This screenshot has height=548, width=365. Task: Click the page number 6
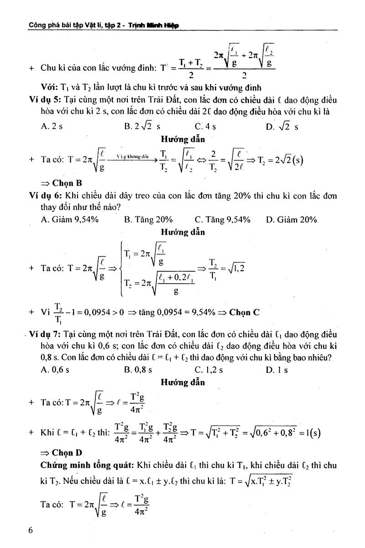(31, 530)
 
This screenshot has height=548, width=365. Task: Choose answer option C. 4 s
(205, 126)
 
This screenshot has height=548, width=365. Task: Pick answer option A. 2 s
(52, 126)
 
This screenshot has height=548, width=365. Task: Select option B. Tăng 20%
(148, 220)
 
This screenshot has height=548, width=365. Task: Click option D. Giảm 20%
(291, 220)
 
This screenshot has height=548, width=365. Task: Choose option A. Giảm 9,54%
(70, 220)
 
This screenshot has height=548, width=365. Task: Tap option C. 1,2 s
(209, 370)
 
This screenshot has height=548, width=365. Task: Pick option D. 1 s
(277, 370)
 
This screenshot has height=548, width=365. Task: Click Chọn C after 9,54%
(244, 312)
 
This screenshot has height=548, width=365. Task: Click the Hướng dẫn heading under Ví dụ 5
(182, 139)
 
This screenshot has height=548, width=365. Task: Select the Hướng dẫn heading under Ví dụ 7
(182, 382)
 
